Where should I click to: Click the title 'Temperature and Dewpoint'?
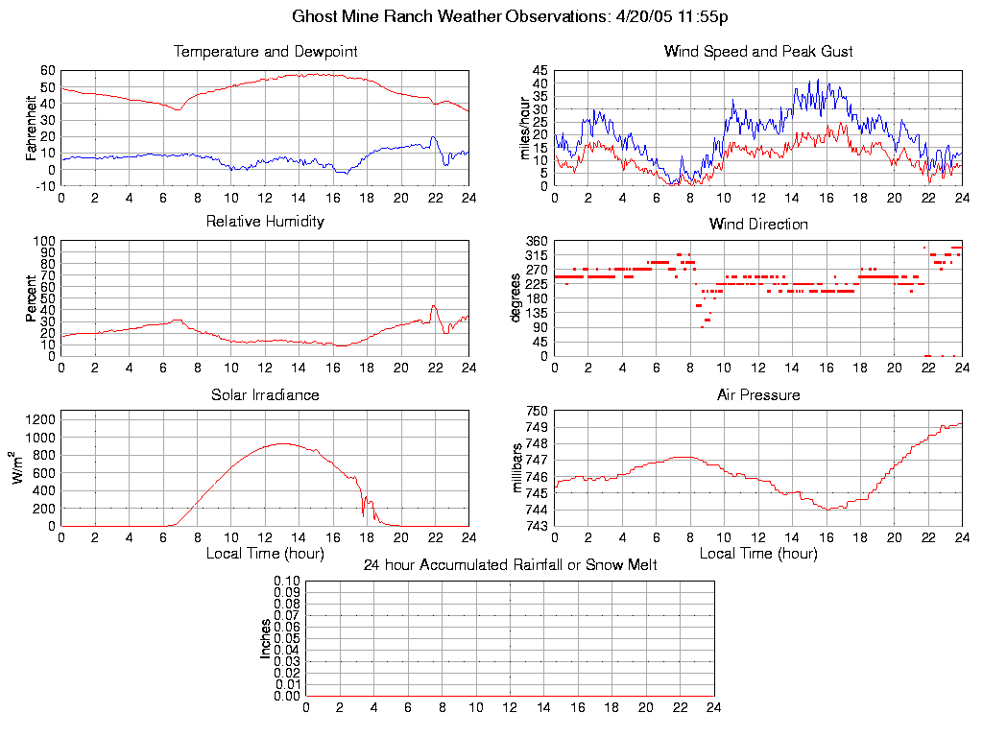[265, 52]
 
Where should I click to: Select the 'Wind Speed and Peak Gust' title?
[758, 52]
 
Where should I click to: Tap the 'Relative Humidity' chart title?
[265, 222]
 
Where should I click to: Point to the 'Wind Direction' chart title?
[758, 225]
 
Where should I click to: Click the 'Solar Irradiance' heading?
[265, 395]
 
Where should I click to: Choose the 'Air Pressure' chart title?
[758, 395]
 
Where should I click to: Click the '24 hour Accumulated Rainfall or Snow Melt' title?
[510, 565]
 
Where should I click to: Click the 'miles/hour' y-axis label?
[525, 129]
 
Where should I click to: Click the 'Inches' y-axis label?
[266, 638]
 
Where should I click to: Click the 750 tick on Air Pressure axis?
[536, 412]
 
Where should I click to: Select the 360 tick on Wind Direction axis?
[536, 241]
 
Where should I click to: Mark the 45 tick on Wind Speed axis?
[539, 71]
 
